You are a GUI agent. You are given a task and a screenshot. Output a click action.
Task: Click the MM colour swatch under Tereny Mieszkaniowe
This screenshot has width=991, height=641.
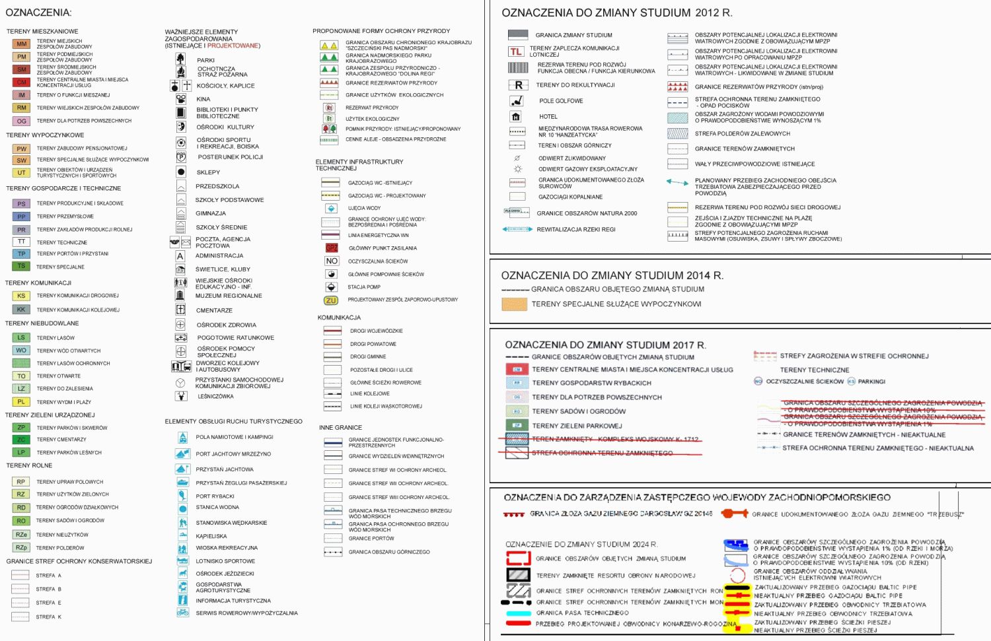[22, 44]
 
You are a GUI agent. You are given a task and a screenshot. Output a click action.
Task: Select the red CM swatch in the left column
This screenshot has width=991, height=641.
[22, 83]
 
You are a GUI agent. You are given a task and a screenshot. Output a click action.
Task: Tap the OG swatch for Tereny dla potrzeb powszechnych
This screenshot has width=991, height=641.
[22, 121]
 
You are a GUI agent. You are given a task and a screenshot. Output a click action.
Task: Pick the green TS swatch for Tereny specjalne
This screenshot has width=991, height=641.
[21, 266]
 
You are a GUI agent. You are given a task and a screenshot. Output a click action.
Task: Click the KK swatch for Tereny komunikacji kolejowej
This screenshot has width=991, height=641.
[21, 309]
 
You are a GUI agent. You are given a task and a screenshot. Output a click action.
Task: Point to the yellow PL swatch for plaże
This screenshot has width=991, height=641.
[21, 401]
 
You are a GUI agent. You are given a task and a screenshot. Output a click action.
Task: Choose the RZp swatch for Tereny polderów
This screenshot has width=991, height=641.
[21, 547]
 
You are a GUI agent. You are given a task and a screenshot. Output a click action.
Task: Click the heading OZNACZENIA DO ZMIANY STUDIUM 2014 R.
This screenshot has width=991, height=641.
[612, 275]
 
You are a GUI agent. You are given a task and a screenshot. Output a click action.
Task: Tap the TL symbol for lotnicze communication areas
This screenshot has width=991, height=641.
[516, 51]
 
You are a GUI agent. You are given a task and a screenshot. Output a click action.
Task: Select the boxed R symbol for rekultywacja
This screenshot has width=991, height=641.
[518, 85]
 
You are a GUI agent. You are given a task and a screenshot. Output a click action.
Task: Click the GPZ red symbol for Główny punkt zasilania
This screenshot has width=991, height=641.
[332, 248]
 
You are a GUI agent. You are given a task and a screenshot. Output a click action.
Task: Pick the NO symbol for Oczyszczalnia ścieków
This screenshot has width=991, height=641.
[332, 261]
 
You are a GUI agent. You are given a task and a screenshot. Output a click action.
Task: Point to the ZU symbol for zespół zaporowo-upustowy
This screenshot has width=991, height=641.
[331, 300]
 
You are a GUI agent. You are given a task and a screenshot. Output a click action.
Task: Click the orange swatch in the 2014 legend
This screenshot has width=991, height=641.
[514, 304]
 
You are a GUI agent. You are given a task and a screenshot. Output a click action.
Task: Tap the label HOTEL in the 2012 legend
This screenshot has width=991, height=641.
[548, 117]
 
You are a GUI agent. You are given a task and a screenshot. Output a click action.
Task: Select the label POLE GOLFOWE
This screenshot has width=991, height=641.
[561, 101]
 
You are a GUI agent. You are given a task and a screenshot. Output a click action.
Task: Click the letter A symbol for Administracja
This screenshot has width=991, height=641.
[180, 256]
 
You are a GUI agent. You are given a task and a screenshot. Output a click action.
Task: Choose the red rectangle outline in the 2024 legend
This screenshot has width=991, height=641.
[519, 558]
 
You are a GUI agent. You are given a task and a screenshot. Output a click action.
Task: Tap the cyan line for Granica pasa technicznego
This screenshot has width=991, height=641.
[519, 613]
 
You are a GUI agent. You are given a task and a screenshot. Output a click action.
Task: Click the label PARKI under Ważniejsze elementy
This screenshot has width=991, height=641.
[205, 60]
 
